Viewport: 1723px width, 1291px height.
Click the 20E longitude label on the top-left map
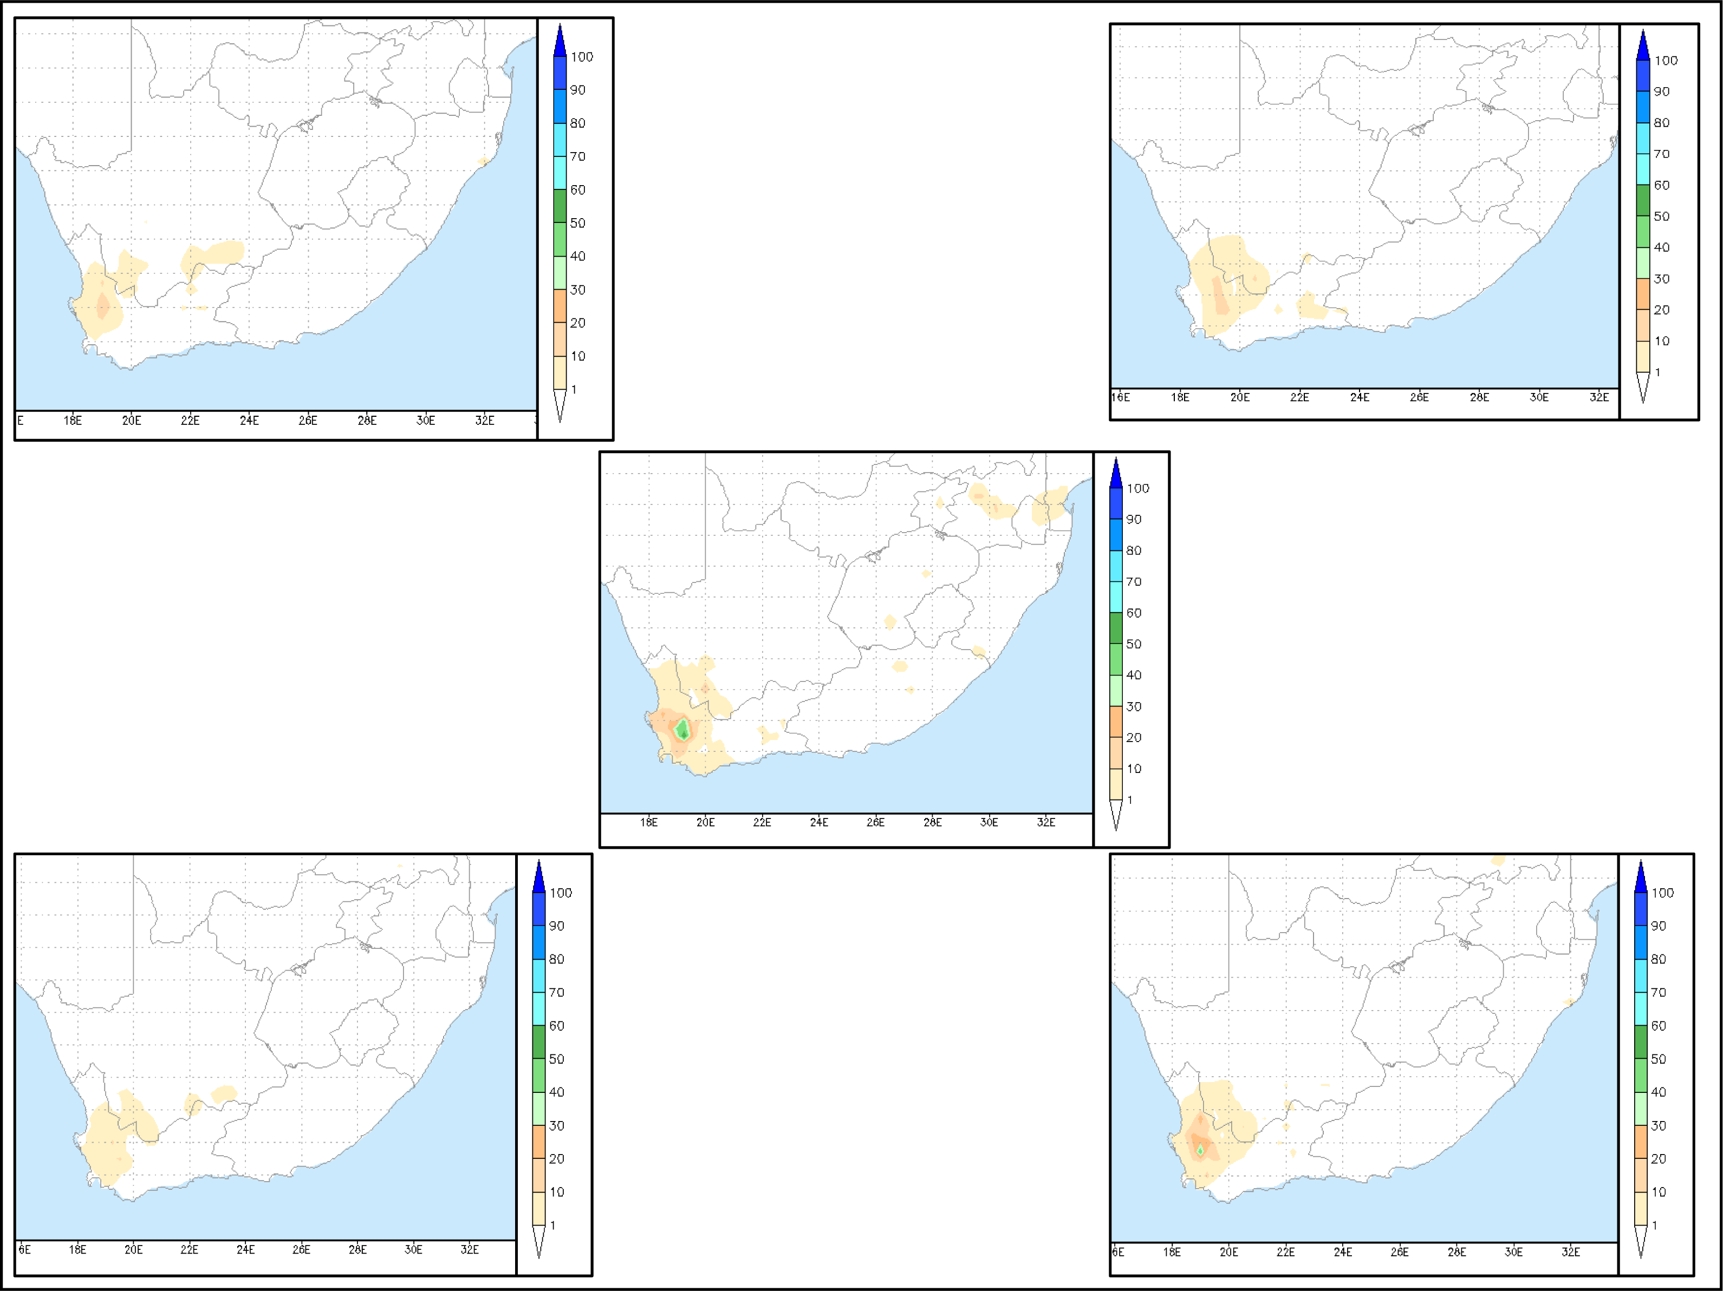point(132,421)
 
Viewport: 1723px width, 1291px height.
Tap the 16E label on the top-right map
point(1120,397)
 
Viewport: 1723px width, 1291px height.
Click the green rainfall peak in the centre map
point(683,730)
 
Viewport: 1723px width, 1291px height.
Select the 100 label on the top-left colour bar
point(581,57)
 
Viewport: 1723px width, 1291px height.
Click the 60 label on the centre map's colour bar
point(1133,613)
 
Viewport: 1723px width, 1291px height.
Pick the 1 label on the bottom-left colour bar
point(553,1225)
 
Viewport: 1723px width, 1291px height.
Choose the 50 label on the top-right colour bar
point(1661,217)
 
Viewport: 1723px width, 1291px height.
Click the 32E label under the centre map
point(1045,822)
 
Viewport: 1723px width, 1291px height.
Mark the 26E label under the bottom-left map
point(302,1250)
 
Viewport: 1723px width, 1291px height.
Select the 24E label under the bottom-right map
point(1342,1252)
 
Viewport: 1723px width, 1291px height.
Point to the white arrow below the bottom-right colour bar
point(1641,1241)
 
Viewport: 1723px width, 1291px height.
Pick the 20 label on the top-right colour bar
point(1661,310)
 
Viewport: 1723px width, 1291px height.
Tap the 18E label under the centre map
point(648,822)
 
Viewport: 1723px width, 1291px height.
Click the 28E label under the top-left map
point(367,421)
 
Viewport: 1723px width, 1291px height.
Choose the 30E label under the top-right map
point(1538,397)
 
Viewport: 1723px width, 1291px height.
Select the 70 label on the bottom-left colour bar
point(556,993)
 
